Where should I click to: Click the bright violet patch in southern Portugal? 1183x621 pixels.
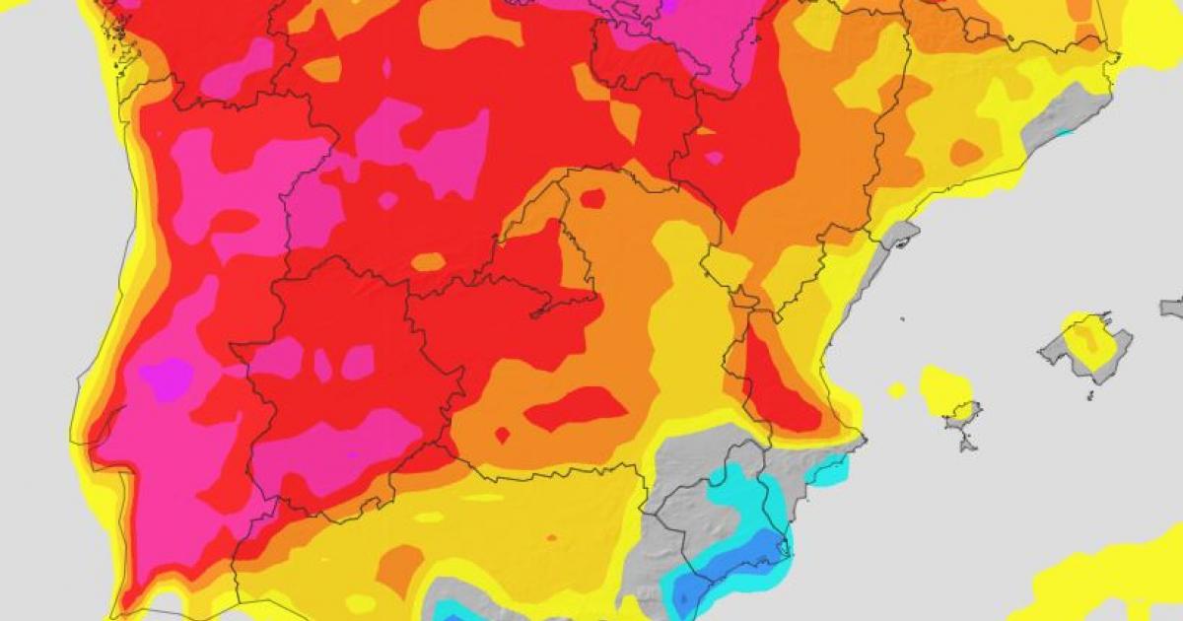click(x=166, y=378)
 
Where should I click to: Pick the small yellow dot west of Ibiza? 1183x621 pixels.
click(x=896, y=390)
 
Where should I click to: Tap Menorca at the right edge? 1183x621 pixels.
click(x=1172, y=308)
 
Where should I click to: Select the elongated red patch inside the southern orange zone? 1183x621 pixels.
click(x=577, y=407)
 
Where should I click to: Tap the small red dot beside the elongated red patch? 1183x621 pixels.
click(x=502, y=434)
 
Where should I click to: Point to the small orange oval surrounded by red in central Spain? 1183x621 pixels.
click(x=428, y=261)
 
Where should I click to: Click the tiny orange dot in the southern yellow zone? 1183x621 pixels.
click(x=551, y=538)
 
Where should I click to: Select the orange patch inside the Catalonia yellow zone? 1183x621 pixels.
click(x=966, y=153)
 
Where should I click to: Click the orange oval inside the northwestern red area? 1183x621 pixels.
click(x=322, y=69)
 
